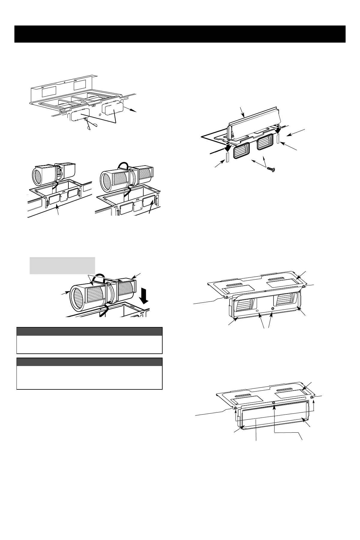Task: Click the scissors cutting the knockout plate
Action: [x=90, y=124]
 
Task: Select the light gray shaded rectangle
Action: [x=62, y=265]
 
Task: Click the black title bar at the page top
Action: [x=180, y=34]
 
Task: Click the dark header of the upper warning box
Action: [x=89, y=331]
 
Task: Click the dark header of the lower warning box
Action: [x=89, y=361]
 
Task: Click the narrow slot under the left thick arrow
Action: [x=227, y=157]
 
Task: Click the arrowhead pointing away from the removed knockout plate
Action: [x=135, y=111]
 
